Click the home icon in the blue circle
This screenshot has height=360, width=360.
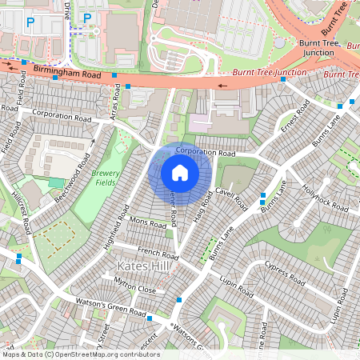tap(180, 172)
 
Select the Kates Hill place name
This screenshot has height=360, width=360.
tap(142, 266)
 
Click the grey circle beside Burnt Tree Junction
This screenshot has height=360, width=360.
tap(278, 42)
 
